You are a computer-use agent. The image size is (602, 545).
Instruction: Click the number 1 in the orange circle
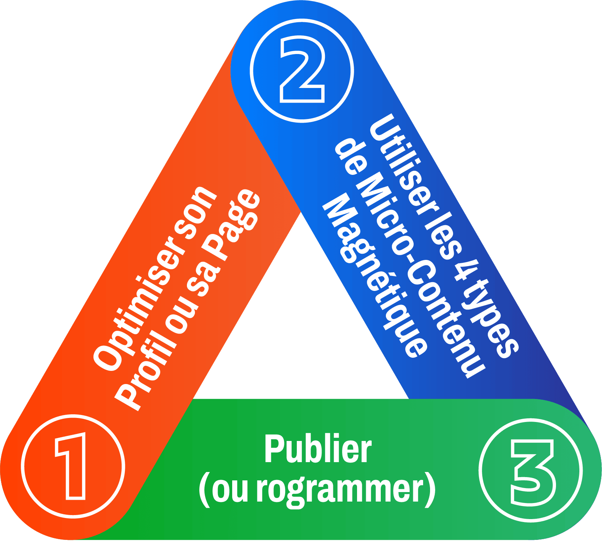(x=72, y=466)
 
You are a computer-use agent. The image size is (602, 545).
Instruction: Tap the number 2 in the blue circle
(x=302, y=70)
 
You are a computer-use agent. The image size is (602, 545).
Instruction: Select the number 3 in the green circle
(x=531, y=471)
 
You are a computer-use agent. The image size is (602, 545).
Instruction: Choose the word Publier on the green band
(x=318, y=449)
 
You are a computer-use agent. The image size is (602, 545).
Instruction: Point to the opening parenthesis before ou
(x=204, y=489)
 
